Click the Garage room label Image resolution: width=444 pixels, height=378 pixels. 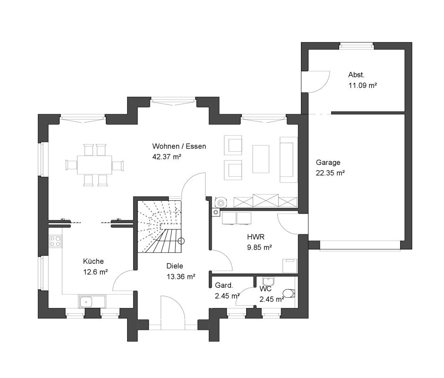[x=328, y=163]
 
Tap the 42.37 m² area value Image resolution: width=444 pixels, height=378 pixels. [x=167, y=157]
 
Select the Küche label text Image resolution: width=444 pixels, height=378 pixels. [x=94, y=261]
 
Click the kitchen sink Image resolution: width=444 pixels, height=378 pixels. [x=85, y=302]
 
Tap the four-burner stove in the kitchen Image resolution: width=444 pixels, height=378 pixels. [x=55, y=241]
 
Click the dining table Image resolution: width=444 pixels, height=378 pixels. [x=94, y=165]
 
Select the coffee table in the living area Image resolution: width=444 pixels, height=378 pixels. [x=261, y=159]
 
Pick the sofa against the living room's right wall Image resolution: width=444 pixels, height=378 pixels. [x=289, y=160]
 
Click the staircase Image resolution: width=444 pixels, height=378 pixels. [x=160, y=226]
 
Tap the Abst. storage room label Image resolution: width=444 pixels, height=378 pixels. [x=356, y=75]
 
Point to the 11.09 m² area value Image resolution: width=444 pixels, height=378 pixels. [x=362, y=86]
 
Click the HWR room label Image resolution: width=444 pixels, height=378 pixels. [x=256, y=237]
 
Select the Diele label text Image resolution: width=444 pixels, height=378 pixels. [x=175, y=266]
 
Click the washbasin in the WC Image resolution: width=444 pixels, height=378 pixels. [x=268, y=282]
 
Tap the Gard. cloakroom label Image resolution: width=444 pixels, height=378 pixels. [x=224, y=285]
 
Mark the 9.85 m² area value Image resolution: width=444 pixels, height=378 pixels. [x=259, y=248]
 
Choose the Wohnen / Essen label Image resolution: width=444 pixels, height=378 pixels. [x=179, y=146]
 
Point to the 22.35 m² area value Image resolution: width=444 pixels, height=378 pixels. [x=330, y=173]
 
